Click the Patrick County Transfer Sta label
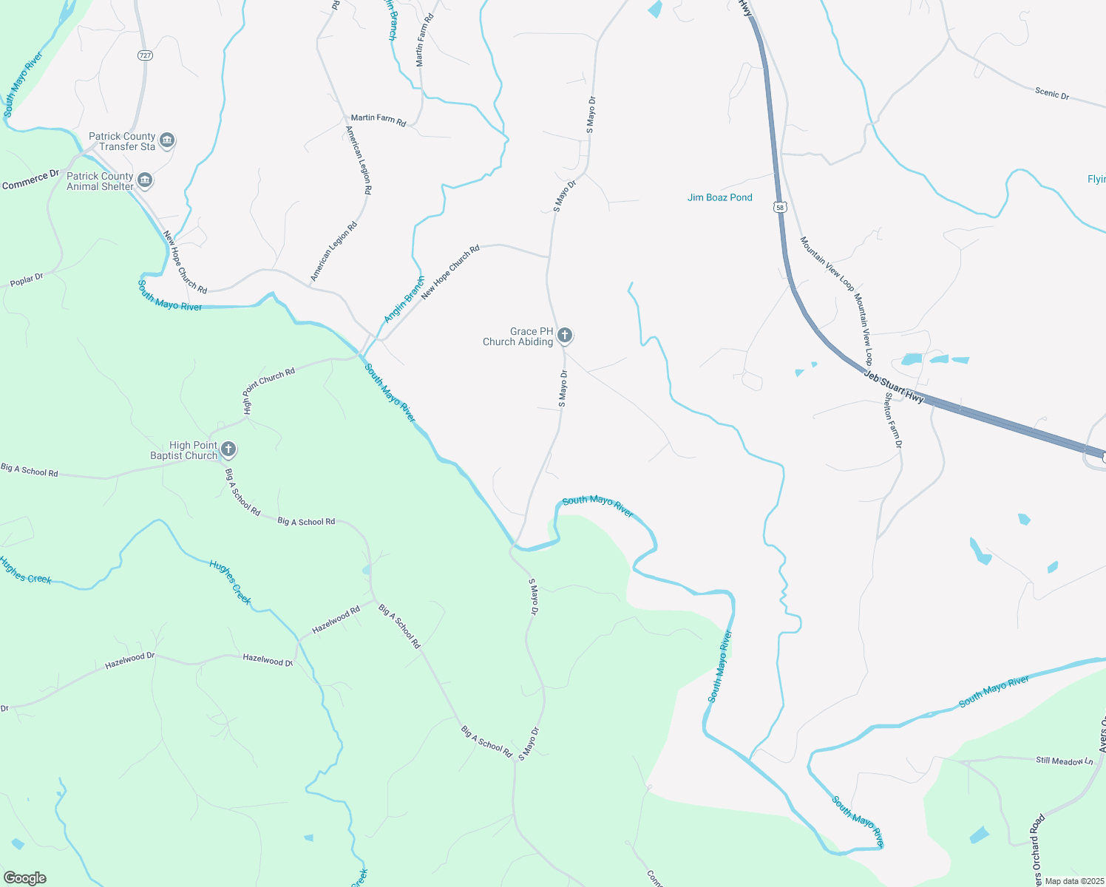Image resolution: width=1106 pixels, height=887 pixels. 122,141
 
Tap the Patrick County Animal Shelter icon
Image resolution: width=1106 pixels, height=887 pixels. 145,180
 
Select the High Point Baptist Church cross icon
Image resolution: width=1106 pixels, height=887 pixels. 228,449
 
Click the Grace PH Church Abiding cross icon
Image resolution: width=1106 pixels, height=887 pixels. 565,336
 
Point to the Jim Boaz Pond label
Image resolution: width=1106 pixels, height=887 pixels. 719,197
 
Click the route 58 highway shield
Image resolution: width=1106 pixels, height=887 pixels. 780,208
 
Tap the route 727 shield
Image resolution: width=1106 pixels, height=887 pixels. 145,55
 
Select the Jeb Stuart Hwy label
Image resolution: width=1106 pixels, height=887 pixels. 894,386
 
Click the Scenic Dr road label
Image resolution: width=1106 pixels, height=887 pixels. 1051,94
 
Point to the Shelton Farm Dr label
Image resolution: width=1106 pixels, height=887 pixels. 893,420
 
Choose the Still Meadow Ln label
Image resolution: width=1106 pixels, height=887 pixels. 1064,761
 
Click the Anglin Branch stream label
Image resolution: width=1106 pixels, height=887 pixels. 404,299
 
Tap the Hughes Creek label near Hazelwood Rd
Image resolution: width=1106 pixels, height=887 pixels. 230,582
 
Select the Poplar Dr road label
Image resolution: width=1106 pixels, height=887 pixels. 27,280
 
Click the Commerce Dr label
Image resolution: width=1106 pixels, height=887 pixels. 30,180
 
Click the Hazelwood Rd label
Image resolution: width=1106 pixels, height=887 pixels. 336,619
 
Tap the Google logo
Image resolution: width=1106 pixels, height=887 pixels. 25,878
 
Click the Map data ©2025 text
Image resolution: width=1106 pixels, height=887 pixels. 1072,881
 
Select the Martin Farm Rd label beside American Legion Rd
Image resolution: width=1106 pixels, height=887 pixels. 378,118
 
